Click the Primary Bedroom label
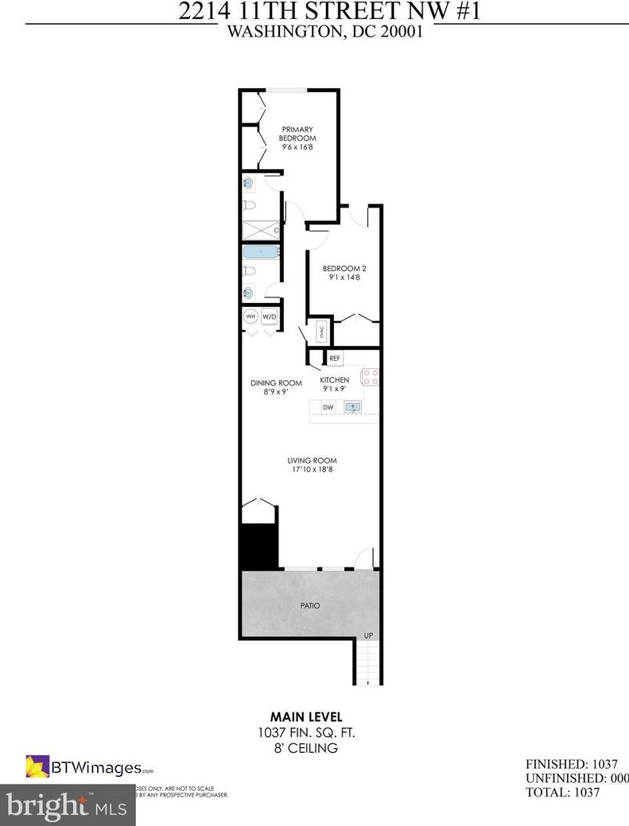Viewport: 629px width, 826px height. (297, 133)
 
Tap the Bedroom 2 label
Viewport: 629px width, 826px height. (344, 268)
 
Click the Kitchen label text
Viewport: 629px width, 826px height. (334, 380)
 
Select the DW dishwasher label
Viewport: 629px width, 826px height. (327, 407)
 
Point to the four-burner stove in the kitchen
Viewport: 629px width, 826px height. (371, 376)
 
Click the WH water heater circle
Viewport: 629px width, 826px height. (250, 317)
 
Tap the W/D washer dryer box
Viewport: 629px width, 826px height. (269, 317)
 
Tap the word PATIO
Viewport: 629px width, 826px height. (310, 605)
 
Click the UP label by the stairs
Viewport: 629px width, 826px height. (367, 635)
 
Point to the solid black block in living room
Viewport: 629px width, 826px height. (258, 546)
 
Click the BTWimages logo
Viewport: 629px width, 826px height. (89, 767)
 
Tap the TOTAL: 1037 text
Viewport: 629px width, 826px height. (562, 792)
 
